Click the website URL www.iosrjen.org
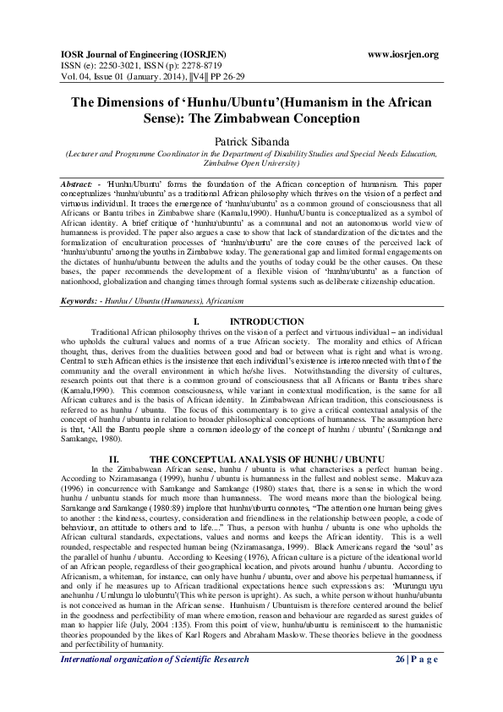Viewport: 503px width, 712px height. pos(404,54)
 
